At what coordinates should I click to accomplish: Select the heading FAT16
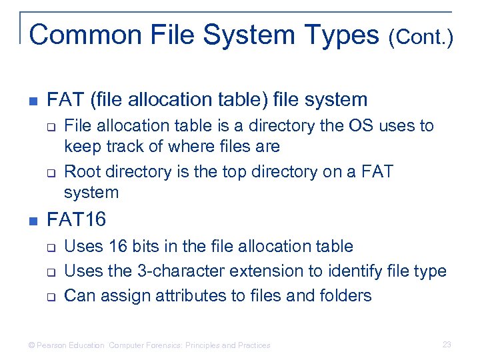pos(77,219)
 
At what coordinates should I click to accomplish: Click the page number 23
pos(447,345)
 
